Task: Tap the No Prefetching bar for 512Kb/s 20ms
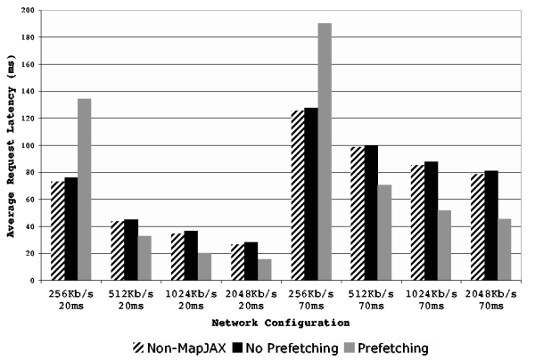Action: coord(130,250)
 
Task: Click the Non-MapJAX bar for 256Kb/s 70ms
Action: coord(297,195)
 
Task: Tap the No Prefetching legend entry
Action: coord(278,347)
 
